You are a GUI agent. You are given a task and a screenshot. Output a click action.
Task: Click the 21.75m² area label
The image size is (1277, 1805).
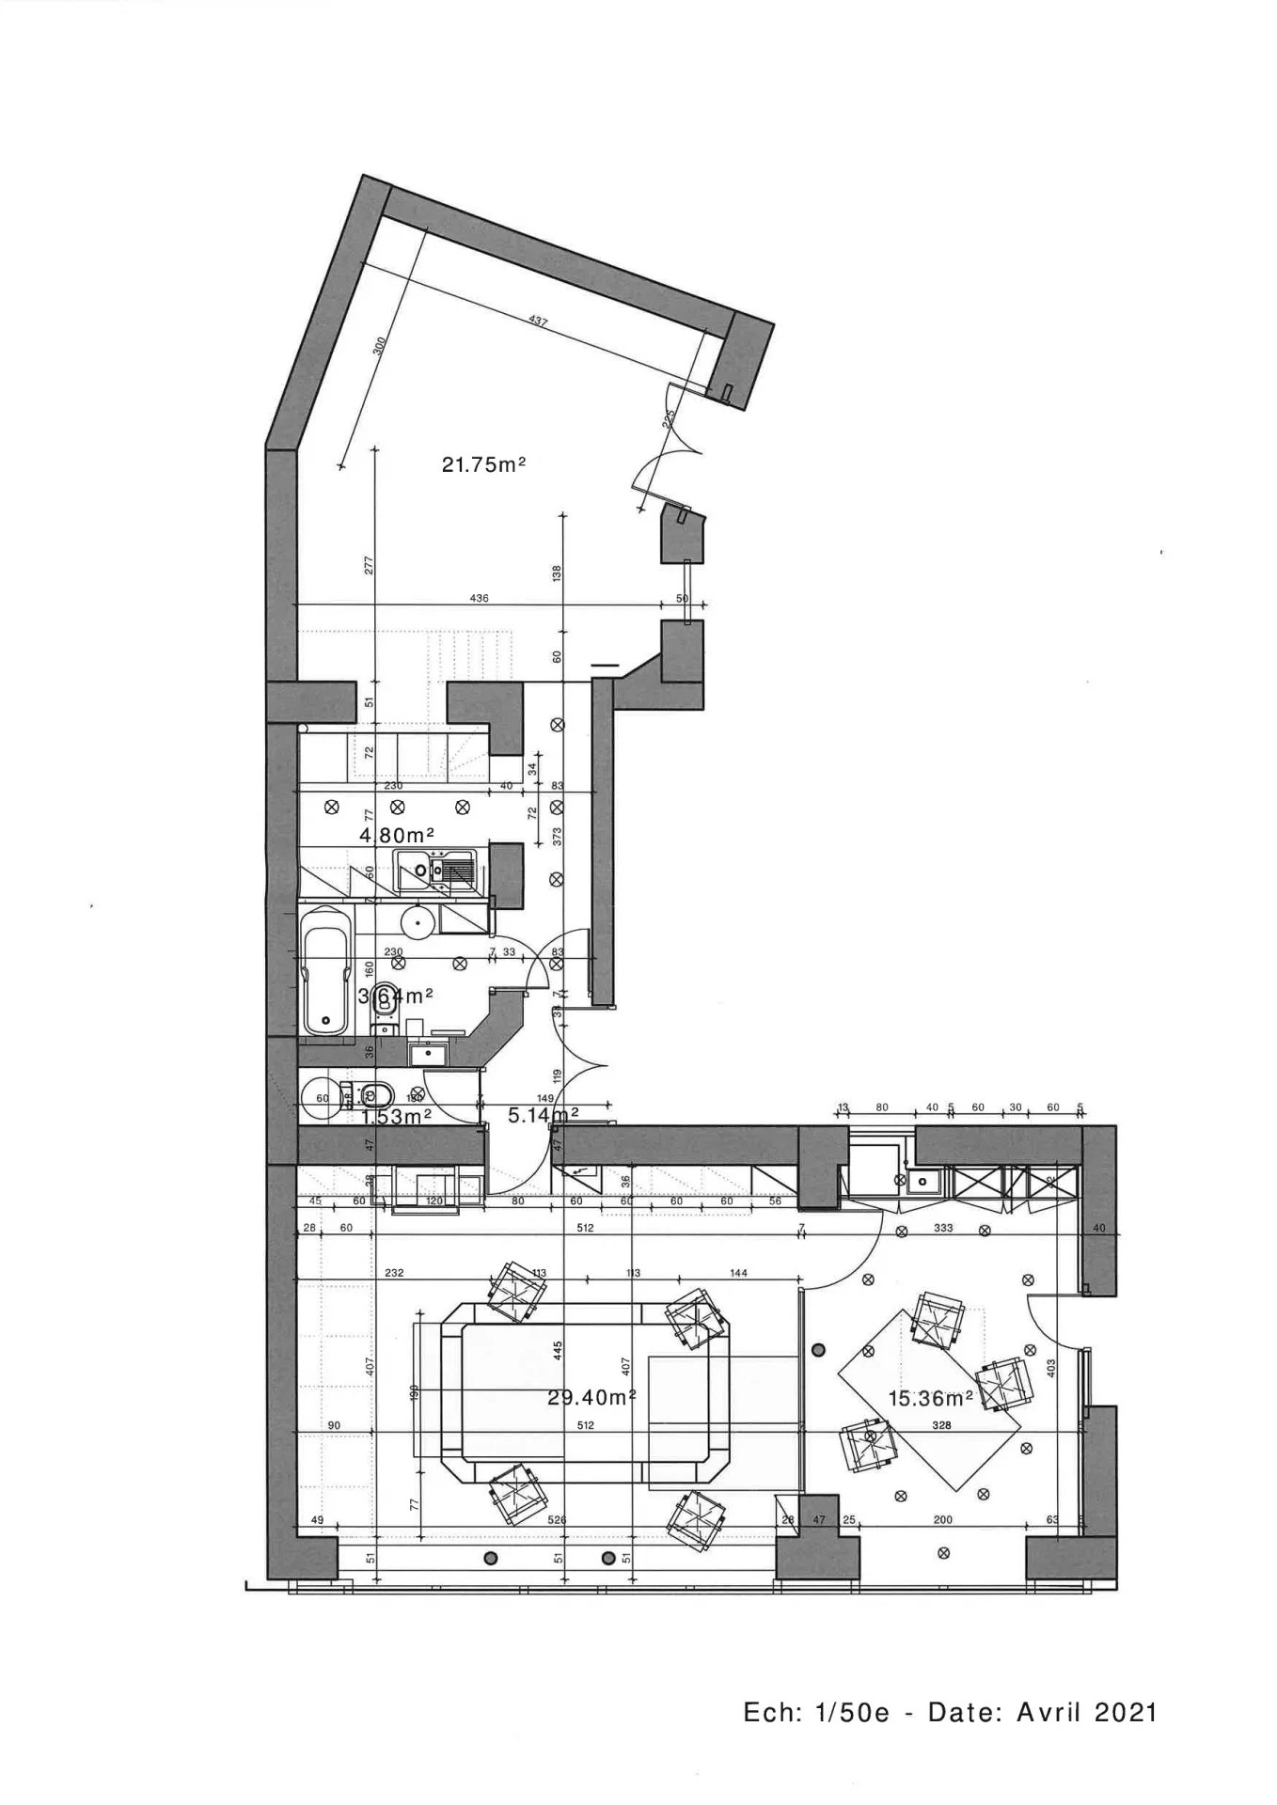coord(482,463)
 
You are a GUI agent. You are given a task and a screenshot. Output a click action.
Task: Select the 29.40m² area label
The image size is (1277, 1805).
coord(591,1398)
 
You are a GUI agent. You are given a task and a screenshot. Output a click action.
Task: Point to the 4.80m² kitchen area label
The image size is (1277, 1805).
coord(396,835)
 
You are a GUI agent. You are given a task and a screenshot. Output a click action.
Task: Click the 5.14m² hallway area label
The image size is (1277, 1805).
coord(543,1116)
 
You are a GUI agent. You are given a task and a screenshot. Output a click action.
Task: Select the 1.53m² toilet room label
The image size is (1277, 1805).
coord(396,1117)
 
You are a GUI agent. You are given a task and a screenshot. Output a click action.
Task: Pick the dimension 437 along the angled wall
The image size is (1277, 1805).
coord(539,322)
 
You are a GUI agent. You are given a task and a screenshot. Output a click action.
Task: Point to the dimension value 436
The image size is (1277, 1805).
coord(478,598)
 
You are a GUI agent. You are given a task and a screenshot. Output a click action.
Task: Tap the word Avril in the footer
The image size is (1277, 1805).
coord(1049,1712)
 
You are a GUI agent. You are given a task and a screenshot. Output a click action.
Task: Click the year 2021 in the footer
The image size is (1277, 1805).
coord(1126,1712)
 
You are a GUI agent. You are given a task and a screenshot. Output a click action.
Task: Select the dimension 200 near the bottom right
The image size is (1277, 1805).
coord(942,1519)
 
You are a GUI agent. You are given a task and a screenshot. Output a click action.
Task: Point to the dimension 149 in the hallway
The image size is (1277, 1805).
coord(544,1097)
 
